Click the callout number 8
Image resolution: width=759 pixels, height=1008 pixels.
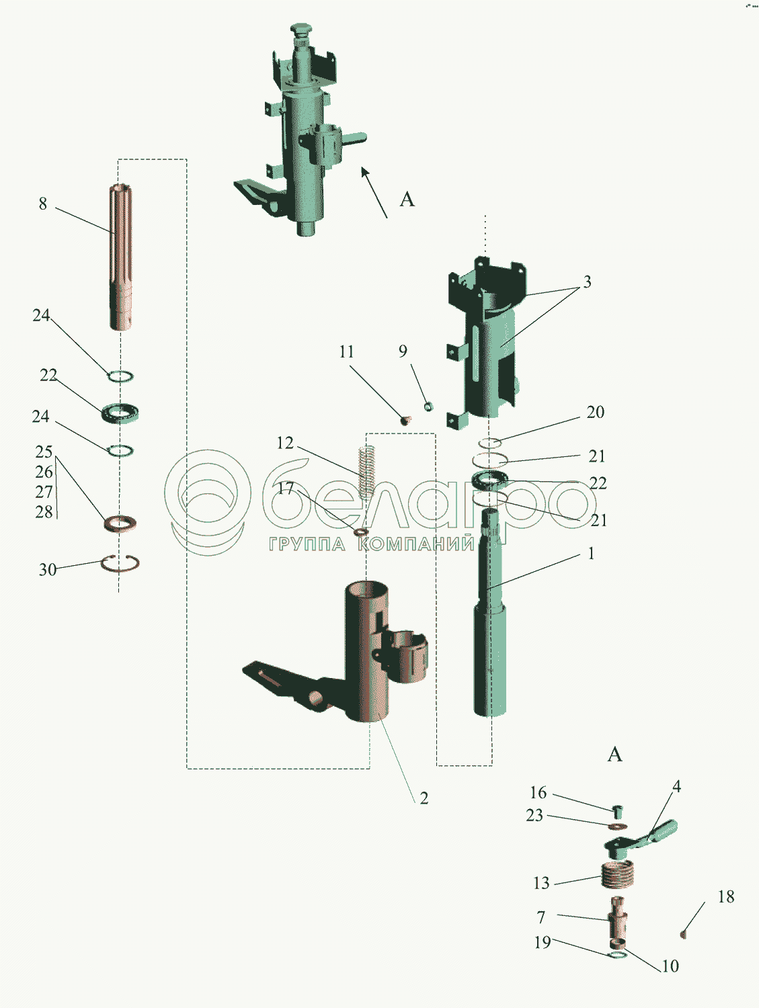pos(43,203)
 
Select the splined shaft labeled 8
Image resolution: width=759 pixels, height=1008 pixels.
pos(121,257)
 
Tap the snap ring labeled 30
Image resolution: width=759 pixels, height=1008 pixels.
pos(120,563)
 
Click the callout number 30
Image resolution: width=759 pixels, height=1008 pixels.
pos(47,569)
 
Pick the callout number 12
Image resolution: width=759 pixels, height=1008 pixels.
pos(285,443)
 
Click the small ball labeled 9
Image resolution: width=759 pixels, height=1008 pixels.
pos(428,406)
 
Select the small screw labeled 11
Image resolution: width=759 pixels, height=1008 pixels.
pos(405,420)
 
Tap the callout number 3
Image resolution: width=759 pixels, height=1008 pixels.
pos(587,282)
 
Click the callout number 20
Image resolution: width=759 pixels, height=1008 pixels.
pos(596,413)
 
